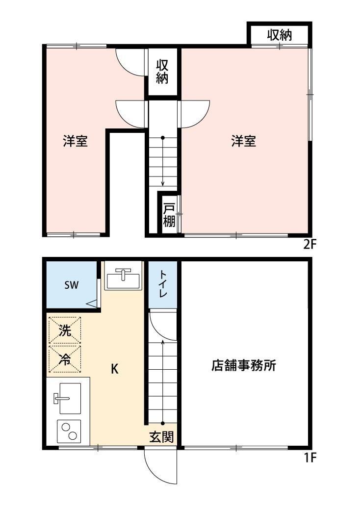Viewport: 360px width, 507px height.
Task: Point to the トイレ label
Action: click(x=163, y=284)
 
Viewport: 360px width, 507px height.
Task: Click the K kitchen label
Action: click(x=114, y=369)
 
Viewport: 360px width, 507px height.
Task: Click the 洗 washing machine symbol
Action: click(x=65, y=330)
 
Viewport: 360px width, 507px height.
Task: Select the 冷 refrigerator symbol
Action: click(x=65, y=358)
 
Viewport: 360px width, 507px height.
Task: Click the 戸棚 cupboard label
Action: click(x=169, y=215)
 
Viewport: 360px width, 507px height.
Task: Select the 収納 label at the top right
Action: click(x=280, y=35)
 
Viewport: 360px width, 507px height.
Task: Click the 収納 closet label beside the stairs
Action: click(x=162, y=72)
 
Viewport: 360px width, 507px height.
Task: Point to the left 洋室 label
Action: click(x=75, y=142)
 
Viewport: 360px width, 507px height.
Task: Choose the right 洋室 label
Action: click(x=244, y=142)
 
